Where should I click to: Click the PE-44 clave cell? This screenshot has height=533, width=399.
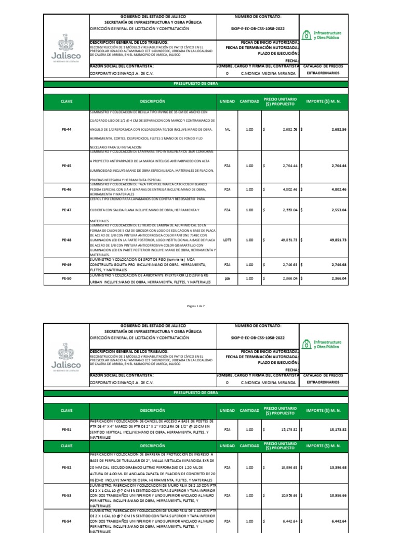[x=66, y=129]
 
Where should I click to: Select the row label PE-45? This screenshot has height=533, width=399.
[x=66, y=166]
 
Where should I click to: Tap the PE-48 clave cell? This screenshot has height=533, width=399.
[x=66, y=240]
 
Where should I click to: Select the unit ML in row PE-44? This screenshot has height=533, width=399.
[x=227, y=129]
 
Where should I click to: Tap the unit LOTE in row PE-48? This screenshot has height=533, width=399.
[x=227, y=240]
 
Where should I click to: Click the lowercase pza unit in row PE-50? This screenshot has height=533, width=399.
[x=227, y=278]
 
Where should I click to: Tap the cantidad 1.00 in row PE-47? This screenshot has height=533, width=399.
[x=249, y=210]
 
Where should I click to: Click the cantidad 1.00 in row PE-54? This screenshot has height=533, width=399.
[x=249, y=521]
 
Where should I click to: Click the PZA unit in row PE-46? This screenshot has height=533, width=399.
[x=227, y=190]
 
